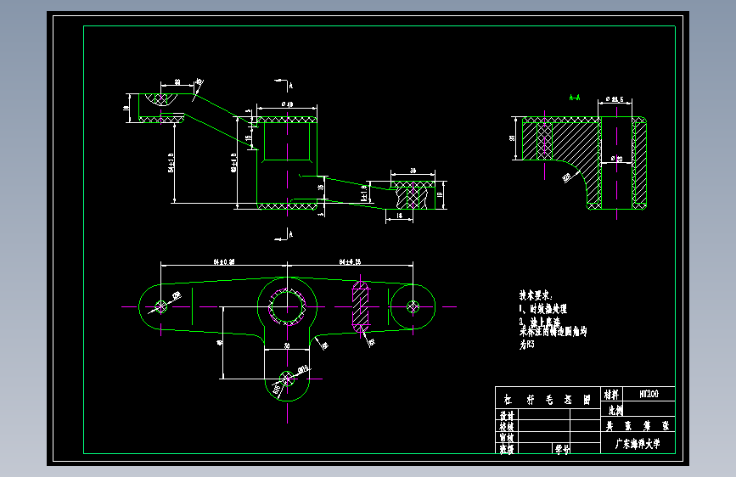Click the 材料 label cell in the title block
pos(611,394)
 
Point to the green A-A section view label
pos(575,98)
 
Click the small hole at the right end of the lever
pos(413,306)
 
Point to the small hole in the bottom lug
pos(288,374)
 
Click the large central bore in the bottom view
pos(288,306)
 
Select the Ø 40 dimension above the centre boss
pos(287,105)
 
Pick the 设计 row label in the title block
pos(507,416)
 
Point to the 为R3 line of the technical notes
pos(528,345)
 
